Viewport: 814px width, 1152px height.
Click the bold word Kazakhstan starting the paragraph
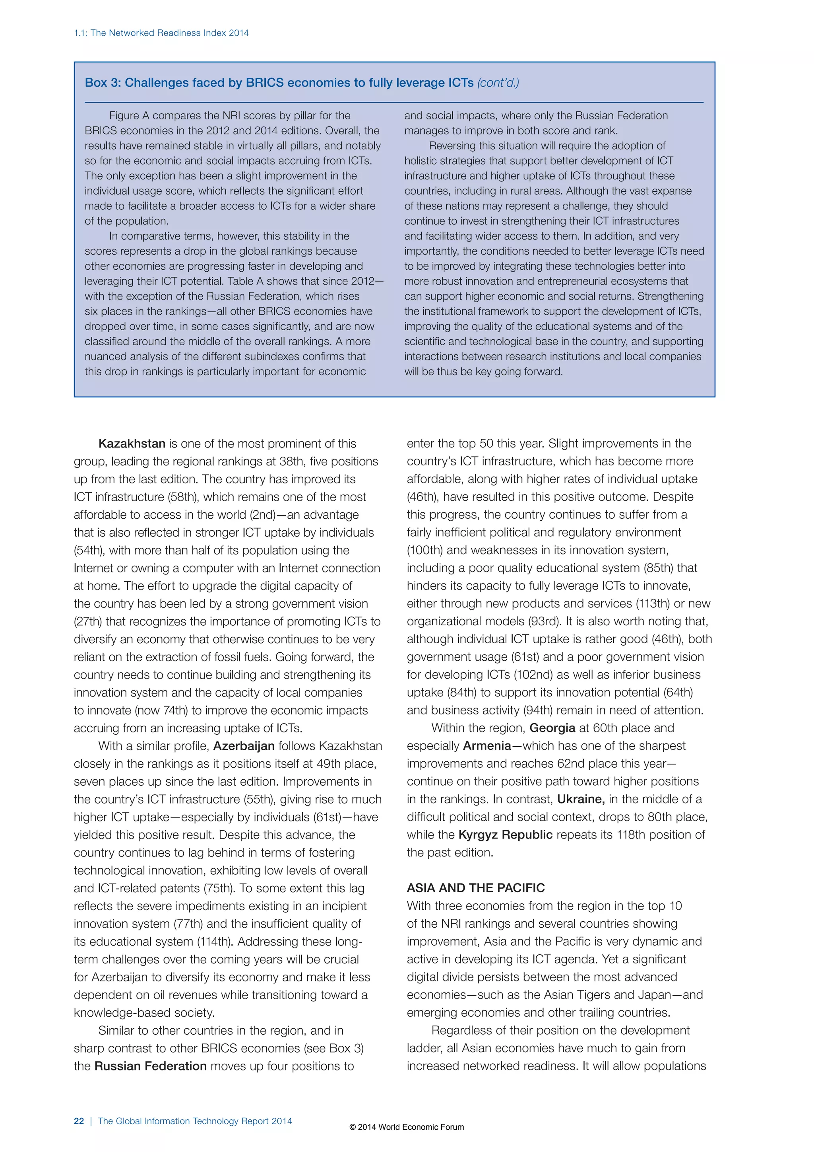tap(132, 444)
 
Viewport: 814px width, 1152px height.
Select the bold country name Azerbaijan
tap(244, 746)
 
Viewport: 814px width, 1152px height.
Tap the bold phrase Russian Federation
tap(150, 1066)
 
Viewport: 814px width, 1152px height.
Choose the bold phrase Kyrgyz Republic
tap(505, 835)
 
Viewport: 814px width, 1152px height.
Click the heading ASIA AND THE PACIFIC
tap(476, 888)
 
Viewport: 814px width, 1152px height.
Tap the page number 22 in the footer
tap(79, 1121)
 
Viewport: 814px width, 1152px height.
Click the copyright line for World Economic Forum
tap(407, 1127)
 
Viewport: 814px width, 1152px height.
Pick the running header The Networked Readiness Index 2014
tap(169, 33)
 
